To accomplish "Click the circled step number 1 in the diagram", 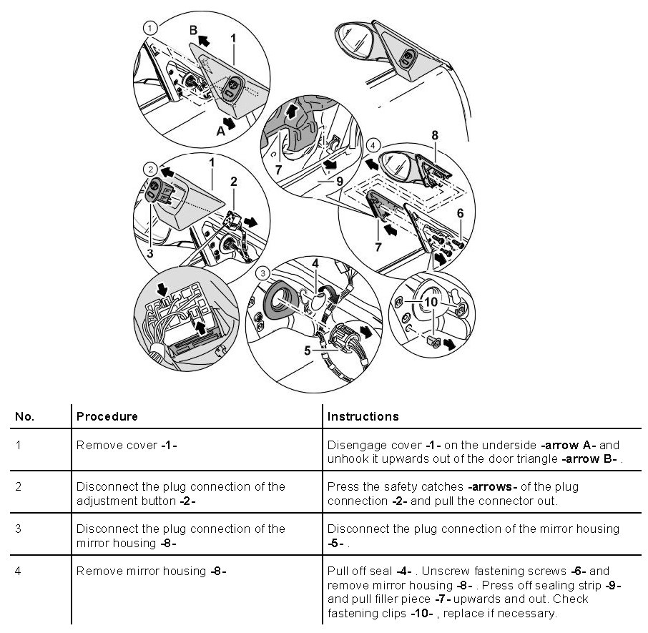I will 149,28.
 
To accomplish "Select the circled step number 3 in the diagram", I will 264,273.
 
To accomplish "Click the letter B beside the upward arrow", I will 193,30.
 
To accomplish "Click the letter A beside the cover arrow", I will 220,131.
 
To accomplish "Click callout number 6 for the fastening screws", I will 460,212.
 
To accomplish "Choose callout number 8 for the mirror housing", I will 434,134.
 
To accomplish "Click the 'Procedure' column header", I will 107,416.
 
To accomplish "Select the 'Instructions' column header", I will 363,416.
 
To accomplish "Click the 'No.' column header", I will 25,416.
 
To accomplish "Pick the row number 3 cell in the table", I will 18,529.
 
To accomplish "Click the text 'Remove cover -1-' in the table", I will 127,445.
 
